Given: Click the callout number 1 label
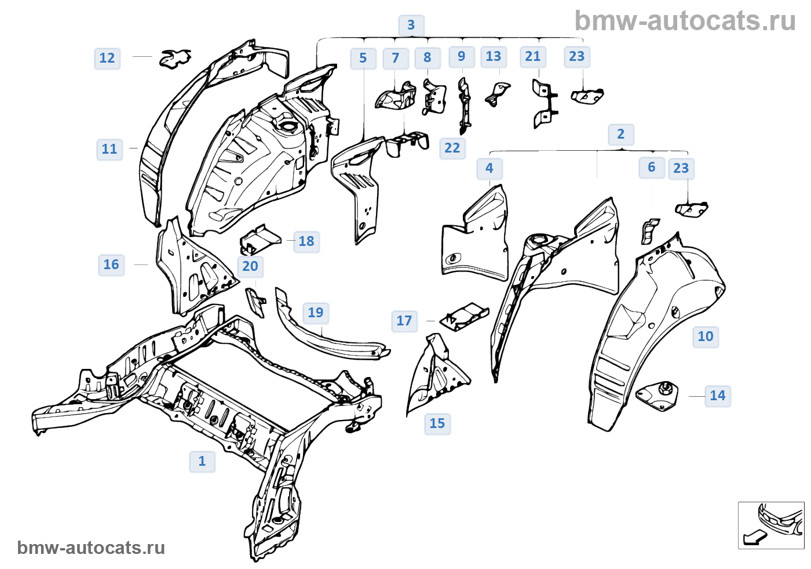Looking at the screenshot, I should click(202, 462).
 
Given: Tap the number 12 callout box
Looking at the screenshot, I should click(107, 59).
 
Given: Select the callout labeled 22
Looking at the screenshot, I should click(452, 148).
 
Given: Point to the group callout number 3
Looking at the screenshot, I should click(411, 26).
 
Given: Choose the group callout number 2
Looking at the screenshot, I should click(621, 135).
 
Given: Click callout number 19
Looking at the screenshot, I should click(316, 313).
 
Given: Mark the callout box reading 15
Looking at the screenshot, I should click(437, 424).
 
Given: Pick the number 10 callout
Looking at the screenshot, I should click(706, 337).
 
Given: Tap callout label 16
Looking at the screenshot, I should click(111, 265).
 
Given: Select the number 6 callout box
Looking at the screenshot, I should click(652, 168).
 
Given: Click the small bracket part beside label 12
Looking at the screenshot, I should click(175, 58).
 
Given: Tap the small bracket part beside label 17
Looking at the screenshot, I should click(464, 317).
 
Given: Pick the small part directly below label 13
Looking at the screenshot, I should click(497, 94).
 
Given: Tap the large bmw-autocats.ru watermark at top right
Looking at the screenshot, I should click(685, 21).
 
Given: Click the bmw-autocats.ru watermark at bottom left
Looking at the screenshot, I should click(91, 548).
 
